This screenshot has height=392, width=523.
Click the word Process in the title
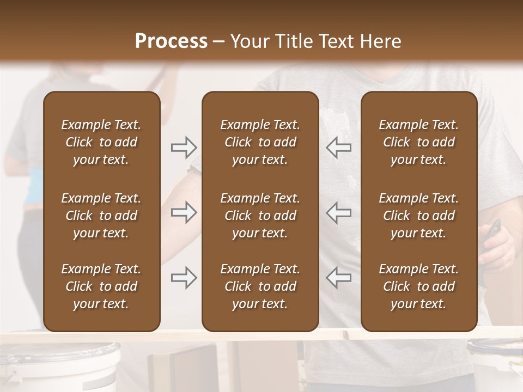[x=171, y=41]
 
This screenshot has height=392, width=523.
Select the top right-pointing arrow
[x=184, y=147]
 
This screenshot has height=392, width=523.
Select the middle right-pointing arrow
[x=184, y=212]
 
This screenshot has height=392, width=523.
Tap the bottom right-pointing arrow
[x=184, y=278]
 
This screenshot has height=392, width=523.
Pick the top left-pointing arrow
[x=338, y=147]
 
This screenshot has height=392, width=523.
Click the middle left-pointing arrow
[x=338, y=212]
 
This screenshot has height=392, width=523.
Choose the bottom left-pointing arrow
[x=338, y=278]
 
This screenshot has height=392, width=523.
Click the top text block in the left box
[x=101, y=142]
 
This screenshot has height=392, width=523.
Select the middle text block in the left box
[x=101, y=216]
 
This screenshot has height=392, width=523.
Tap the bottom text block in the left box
[x=101, y=286]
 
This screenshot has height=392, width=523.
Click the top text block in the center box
[x=260, y=142]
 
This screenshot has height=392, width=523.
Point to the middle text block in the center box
[x=260, y=216]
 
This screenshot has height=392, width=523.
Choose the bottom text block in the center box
[x=260, y=286]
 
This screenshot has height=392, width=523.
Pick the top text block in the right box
[x=419, y=142]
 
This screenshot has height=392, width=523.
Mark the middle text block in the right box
[x=419, y=216]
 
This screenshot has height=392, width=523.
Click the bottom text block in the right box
[x=419, y=286]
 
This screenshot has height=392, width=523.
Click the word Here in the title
[x=381, y=41]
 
